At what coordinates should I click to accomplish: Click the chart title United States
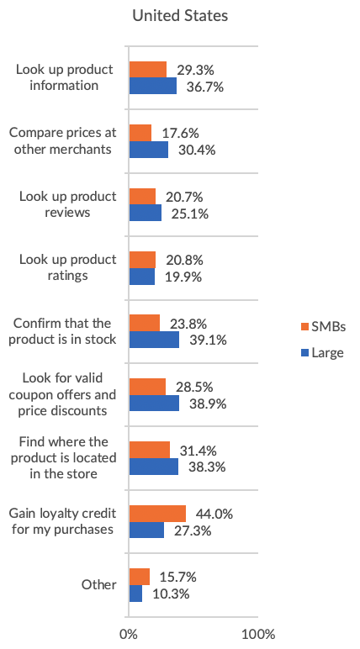pos(180,16)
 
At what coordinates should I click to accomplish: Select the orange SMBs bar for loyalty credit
pos(157,514)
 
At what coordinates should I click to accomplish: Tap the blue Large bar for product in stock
pos(154,340)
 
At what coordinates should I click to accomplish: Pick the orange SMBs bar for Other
pos(140,577)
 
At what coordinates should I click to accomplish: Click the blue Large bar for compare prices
pos(149,150)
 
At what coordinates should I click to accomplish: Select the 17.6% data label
pos(177,133)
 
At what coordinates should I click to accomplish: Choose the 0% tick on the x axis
pos(129,633)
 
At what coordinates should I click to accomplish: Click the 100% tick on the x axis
pos(258,633)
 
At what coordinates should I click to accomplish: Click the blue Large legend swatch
pos(305,353)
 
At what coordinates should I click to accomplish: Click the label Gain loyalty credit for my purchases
pos(61,521)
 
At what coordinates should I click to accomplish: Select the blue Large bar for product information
pos(153,86)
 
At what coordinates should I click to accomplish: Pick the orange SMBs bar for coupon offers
pos(147,387)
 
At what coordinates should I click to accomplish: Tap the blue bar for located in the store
pos(154,467)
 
